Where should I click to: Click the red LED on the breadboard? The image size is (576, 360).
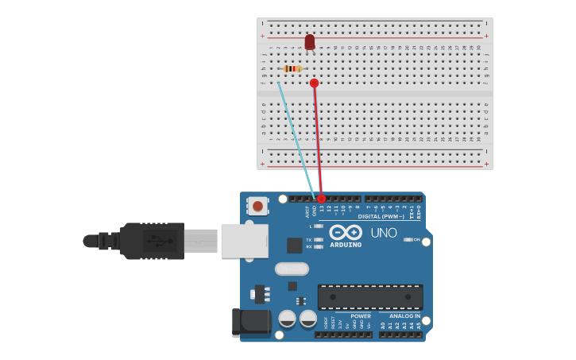310,41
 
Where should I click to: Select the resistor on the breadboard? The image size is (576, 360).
292,68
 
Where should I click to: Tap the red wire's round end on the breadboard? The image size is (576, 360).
315,83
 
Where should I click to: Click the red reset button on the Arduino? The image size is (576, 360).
257,206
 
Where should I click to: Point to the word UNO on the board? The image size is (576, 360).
384,233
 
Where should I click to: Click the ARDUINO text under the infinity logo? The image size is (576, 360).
346,245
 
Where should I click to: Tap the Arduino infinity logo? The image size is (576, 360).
346,232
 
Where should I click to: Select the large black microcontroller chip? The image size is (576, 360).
370,297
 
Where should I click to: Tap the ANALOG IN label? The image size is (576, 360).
400,316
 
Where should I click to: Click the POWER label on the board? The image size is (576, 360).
361,316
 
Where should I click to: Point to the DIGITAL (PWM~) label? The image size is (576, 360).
381,216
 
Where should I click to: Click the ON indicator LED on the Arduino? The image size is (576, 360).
408,239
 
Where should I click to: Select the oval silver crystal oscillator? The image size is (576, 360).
292,269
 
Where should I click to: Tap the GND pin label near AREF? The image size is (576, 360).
314,211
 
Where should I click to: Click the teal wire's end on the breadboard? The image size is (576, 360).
278,82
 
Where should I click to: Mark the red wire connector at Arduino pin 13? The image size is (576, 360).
321,199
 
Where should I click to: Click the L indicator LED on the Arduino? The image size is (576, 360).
318,226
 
